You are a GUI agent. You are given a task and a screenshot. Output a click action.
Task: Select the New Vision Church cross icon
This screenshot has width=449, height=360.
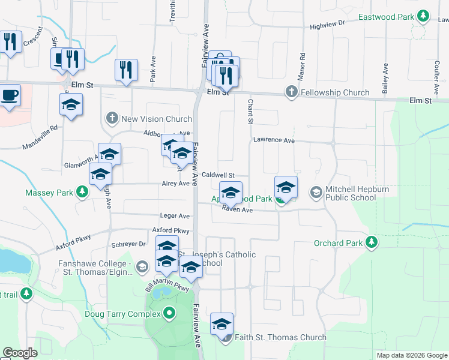pyautogui.click(x=112, y=118)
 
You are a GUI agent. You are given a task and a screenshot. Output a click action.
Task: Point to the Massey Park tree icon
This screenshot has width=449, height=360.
pyautogui.click(x=82, y=193)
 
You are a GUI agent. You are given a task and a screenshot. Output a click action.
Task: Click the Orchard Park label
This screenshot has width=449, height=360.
pyautogui.click(x=339, y=243)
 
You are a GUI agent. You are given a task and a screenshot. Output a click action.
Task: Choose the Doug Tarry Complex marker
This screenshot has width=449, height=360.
pyautogui.click(x=169, y=313)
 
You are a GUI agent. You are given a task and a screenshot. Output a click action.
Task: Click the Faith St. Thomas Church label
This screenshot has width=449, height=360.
pyautogui.click(x=280, y=337)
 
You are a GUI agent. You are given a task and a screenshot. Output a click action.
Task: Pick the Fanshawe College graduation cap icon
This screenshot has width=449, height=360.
pyautogui.click(x=142, y=266)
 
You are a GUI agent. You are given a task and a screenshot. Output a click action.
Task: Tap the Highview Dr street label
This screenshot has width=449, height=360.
pyautogui.click(x=327, y=26)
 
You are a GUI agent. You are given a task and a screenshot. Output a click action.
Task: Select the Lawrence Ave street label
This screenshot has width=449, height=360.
pyautogui.click(x=274, y=140)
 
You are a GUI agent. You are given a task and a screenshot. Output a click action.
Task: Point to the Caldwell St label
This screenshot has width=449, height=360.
pyautogui.click(x=217, y=175)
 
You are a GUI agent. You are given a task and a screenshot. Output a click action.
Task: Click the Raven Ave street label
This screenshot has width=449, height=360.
pyautogui.click(x=237, y=209)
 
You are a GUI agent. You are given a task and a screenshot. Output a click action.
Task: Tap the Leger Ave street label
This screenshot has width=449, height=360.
pyautogui.click(x=175, y=215)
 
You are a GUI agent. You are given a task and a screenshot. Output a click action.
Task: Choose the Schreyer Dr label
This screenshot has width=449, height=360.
pyautogui.click(x=129, y=244)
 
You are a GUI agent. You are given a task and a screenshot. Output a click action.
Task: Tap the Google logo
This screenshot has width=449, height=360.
pyautogui.click(x=20, y=353)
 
